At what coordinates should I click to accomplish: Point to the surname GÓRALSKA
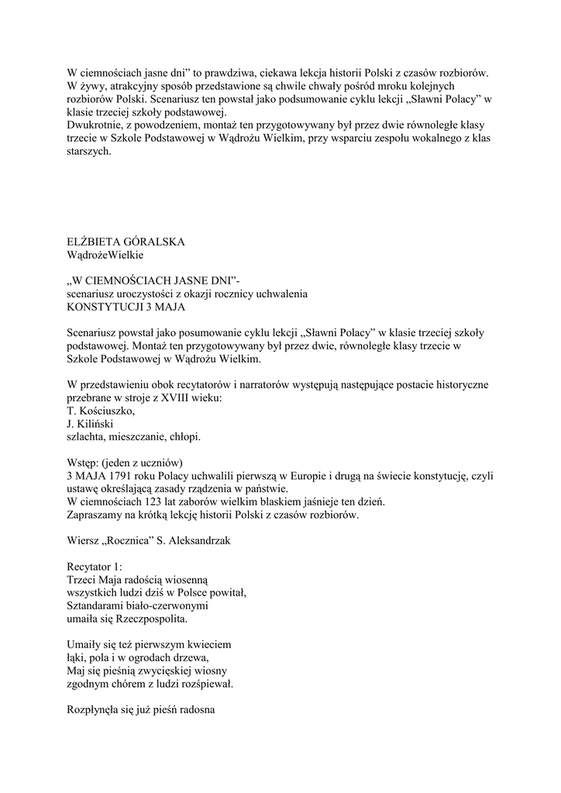click(x=158, y=241)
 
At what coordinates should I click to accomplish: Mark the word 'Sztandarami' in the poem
click(x=97, y=607)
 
